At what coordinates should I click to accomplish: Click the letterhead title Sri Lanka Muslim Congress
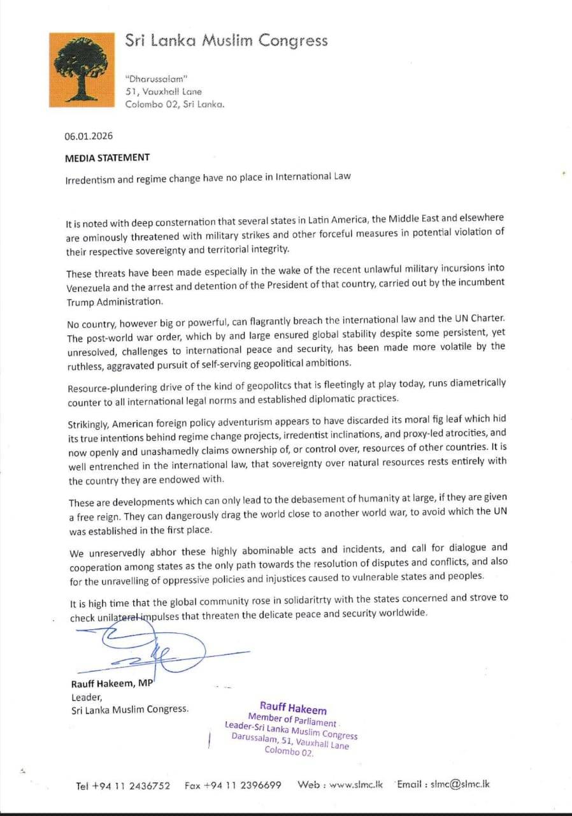coord(226,41)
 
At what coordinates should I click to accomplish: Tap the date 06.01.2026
coord(89,136)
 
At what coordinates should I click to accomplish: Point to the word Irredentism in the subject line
coord(90,178)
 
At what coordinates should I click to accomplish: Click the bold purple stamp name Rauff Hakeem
coord(293,708)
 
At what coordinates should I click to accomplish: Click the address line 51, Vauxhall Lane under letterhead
coord(164,92)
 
